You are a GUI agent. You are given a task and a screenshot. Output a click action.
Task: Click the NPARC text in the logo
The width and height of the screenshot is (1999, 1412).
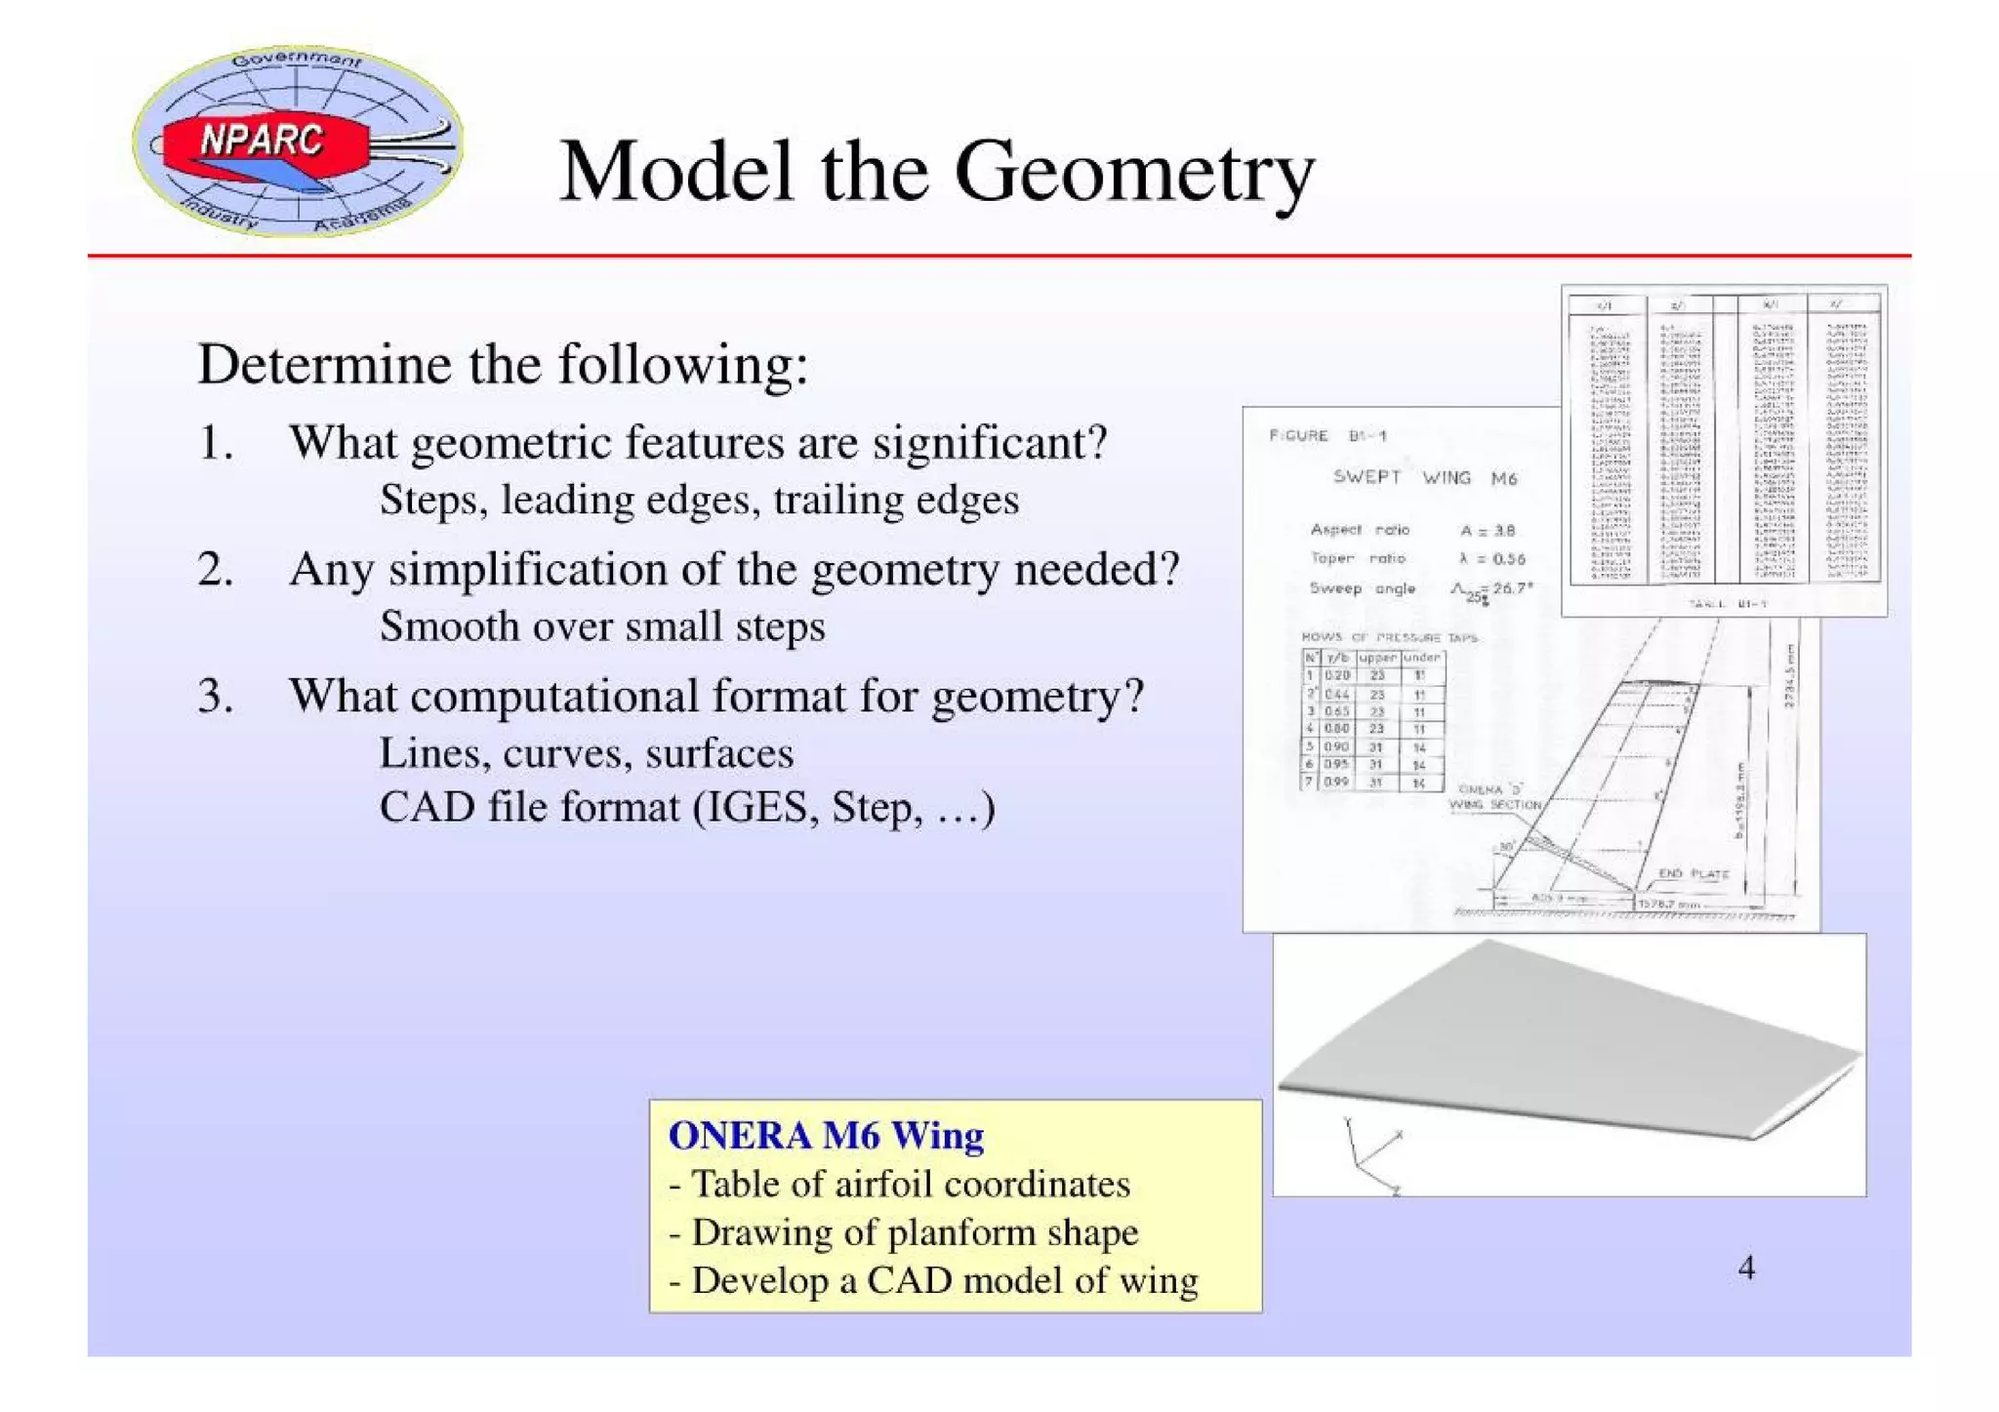pyautogui.click(x=261, y=141)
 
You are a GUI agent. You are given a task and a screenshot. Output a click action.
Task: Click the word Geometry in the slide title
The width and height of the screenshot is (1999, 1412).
pyautogui.click(x=1134, y=173)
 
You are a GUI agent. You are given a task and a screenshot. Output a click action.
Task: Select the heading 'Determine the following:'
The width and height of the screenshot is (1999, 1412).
pyautogui.click(x=503, y=365)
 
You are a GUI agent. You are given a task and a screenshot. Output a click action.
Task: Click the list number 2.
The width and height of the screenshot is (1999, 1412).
pyautogui.click(x=214, y=569)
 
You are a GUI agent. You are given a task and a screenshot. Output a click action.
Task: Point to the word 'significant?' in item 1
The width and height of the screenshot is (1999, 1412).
pyautogui.click(x=990, y=443)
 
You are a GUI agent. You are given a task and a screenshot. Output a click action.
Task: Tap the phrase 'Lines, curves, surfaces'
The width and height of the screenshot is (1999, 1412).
pyautogui.click(x=586, y=753)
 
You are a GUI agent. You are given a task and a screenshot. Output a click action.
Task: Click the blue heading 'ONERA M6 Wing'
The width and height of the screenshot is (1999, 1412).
pyautogui.click(x=826, y=1136)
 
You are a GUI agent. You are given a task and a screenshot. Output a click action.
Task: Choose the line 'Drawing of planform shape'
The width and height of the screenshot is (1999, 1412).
pyautogui.click(x=915, y=1232)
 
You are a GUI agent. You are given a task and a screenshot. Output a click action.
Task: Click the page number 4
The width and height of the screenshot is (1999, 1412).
pyautogui.click(x=1746, y=1269)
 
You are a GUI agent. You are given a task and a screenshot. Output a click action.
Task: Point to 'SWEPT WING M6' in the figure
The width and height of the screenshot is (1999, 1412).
pyautogui.click(x=1424, y=478)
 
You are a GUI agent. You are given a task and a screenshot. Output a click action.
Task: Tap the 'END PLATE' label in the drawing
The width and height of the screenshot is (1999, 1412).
pyautogui.click(x=1693, y=873)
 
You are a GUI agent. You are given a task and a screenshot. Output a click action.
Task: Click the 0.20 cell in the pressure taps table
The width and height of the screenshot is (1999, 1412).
pyautogui.click(x=1336, y=675)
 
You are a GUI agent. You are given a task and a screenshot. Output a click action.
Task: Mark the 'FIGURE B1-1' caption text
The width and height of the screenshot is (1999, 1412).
pyautogui.click(x=1327, y=436)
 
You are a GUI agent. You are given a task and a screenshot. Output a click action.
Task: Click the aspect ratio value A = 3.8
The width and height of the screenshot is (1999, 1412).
pyautogui.click(x=1488, y=531)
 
